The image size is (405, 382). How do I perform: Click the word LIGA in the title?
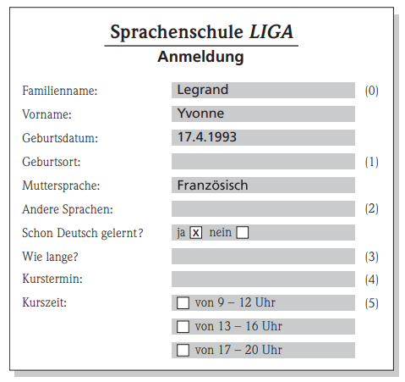click(273, 34)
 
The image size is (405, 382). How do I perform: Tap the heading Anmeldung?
click(200, 58)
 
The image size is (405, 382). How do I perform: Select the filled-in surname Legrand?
click(203, 90)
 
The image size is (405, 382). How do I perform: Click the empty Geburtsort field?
click(263, 161)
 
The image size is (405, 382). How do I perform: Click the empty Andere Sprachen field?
click(263, 208)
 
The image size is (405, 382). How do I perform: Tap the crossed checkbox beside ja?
click(195, 232)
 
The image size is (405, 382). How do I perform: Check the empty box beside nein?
click(243, 232)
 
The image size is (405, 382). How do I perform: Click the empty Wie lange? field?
click(263, 256)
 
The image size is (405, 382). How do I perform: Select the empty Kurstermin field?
click(263, 279)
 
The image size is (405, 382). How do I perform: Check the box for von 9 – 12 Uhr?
click(183, 302)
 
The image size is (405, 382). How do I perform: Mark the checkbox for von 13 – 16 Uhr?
click(183, 326)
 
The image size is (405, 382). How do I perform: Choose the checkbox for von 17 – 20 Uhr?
click(183, 350)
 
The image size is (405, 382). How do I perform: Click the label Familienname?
click(59, 90)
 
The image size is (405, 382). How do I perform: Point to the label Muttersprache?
click(62, 185)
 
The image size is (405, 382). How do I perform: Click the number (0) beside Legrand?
click(371, 90)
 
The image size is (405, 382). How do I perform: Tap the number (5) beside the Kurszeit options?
click(371, 302)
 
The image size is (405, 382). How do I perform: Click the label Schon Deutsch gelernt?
click(82, 232)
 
